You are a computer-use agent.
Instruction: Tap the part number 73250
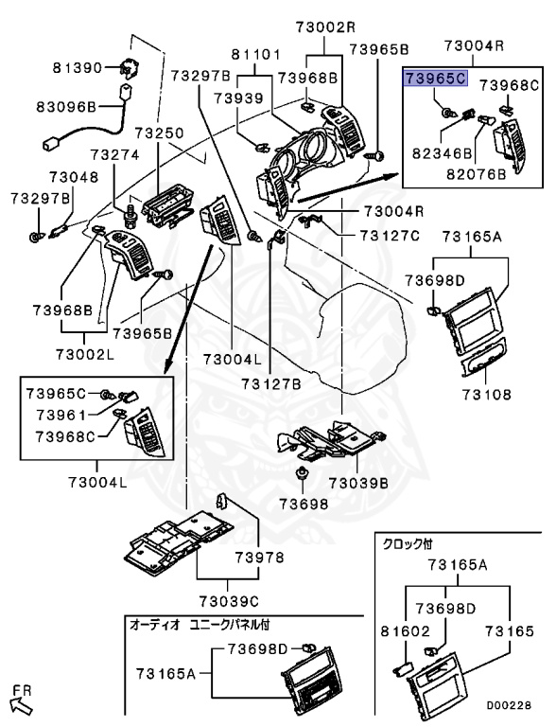coord(158,135)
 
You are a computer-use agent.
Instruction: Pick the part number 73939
coord(237,98)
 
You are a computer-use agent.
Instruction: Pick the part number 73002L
coord(84,353)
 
